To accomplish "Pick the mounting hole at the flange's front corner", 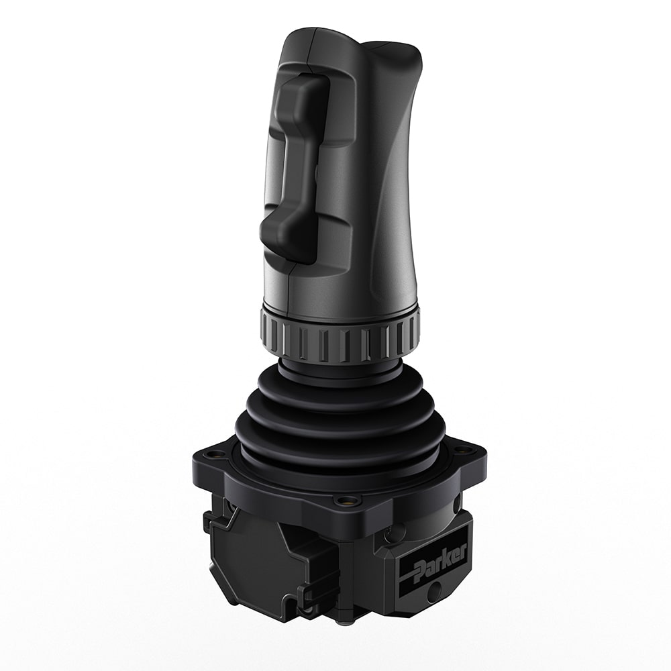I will [346, 500].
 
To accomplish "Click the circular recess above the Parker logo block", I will [396, 533].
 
